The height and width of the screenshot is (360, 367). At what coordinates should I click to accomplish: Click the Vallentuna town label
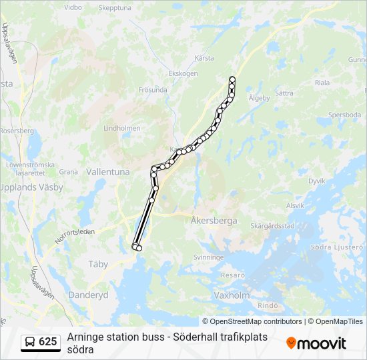(108, 171)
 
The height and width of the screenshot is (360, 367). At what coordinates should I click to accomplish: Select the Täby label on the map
(98, 264)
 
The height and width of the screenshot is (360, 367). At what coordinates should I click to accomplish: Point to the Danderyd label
(88, 294)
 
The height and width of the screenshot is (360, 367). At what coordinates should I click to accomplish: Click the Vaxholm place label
(232, 294)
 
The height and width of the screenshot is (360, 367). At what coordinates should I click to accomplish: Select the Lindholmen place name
(122, 128)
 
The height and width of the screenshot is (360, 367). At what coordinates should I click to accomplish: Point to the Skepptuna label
(115, 8)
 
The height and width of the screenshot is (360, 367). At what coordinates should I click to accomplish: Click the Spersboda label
(344, 115)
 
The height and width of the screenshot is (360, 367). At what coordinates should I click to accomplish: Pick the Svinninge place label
(208, 257)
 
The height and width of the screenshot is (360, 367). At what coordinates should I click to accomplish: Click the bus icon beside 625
(31, 342)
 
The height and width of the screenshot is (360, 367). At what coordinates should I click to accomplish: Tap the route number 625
(48, 342)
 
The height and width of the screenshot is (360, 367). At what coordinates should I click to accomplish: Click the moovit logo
(316, 343)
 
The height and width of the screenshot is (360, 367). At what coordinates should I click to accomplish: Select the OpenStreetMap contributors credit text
(252, 321)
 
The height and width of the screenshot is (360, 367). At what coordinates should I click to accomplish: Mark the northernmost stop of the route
(232, 79)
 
